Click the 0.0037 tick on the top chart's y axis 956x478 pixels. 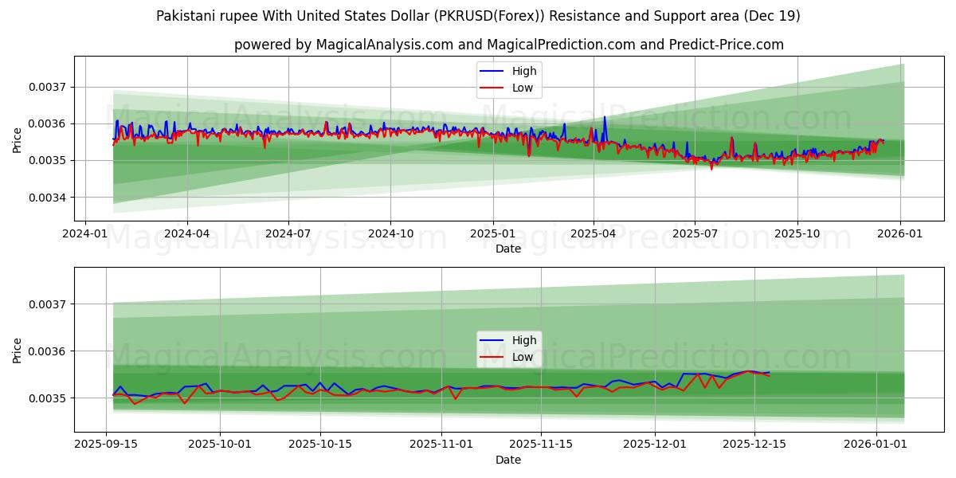click(x=49, y=87)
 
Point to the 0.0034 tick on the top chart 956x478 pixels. click(x=49, y=198)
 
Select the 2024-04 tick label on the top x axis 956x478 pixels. click(x=187, y=234)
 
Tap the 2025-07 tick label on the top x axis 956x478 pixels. click(x=695, y=234)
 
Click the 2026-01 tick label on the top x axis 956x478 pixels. click(x=900, y=234)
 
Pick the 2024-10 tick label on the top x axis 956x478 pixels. click(x=390, y=234)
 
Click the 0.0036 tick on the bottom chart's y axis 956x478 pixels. click(x=49, y=351)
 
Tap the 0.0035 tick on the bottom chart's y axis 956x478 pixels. click(x=49, y=398)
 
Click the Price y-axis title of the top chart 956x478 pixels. click(x=18, y=141)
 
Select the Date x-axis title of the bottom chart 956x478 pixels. click(x=508, y=460)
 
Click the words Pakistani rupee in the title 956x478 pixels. click(x=199, y=16)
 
